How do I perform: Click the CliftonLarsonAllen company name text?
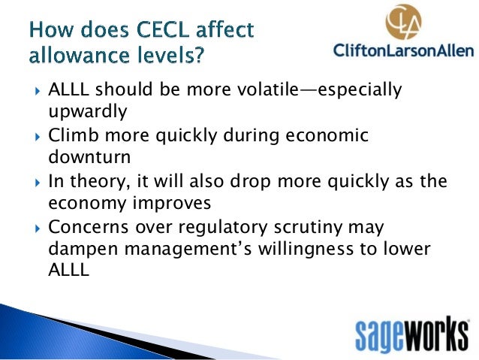(403, 51)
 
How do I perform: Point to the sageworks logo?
(412, 331)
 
